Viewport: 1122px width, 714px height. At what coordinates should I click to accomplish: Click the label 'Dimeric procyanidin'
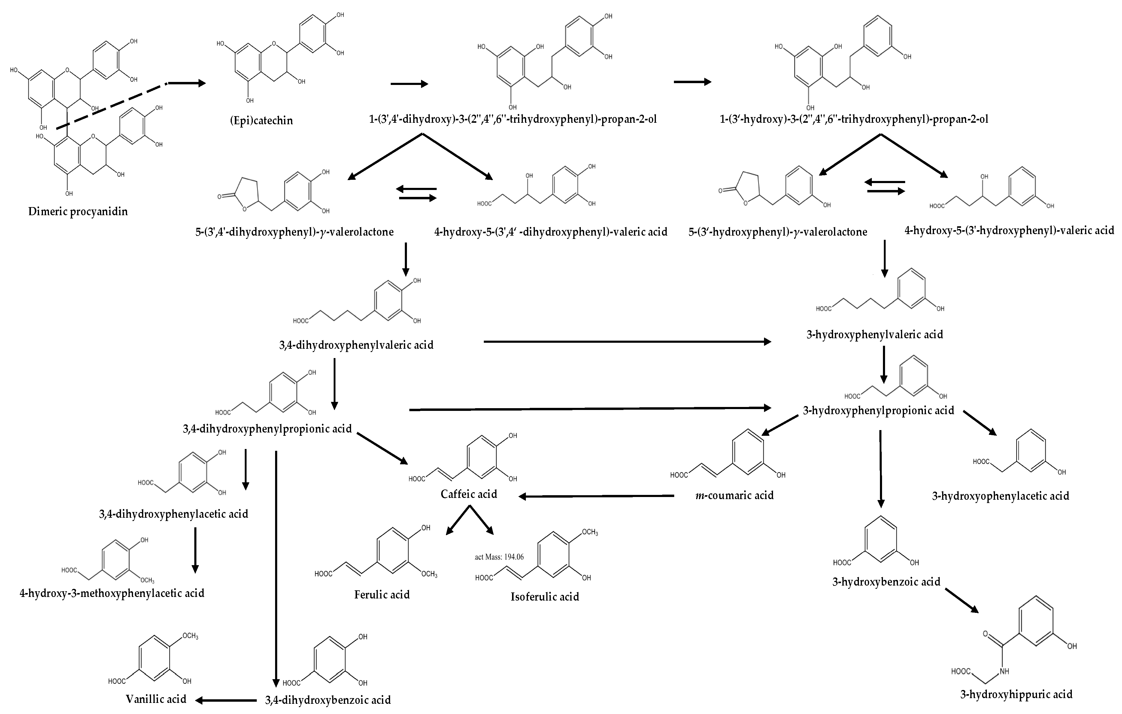click(x=78, y=212)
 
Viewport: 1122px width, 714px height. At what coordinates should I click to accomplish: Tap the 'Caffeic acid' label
click(x=469, y=494)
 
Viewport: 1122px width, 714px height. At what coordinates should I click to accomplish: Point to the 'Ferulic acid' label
click(x=382, y=595)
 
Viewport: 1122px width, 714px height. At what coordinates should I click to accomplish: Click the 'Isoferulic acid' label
click(x=545, y=597)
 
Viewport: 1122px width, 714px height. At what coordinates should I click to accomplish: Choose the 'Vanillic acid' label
click(x=156, y=699)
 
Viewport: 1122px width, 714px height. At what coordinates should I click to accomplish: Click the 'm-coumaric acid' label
click(x=734, y=496)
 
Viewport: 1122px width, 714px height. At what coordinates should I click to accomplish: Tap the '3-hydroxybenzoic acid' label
click(x=886, y=582)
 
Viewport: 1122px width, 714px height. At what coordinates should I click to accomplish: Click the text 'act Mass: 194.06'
click(x=499, y=557)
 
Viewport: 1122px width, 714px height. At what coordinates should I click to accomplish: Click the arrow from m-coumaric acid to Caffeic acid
click(x=596, y=496)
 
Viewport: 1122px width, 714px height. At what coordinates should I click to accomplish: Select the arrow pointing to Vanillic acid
click(x=226, y=700)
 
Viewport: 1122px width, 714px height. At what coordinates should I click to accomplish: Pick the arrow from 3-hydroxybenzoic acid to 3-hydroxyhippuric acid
click(x=961, y=601)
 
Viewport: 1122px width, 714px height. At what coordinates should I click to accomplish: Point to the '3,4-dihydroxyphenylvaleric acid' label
click(x=356, y=345)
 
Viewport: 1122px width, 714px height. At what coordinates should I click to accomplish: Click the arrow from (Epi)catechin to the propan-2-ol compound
click(x=409, y=84)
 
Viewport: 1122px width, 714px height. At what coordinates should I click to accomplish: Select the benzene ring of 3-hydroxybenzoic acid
click(x=881, y=542)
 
